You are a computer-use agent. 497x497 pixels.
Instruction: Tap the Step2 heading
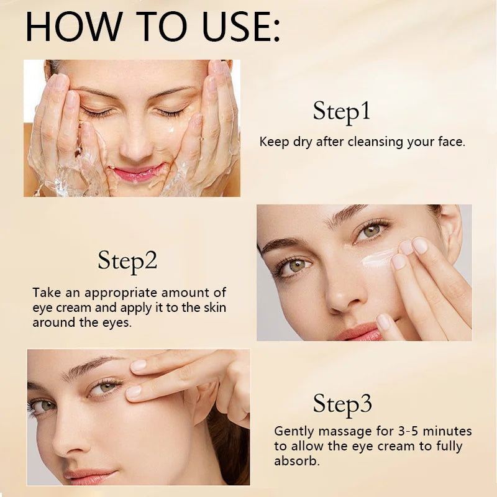127,261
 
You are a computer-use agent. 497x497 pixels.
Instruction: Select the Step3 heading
342,404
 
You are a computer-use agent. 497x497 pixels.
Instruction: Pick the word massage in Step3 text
337,431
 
